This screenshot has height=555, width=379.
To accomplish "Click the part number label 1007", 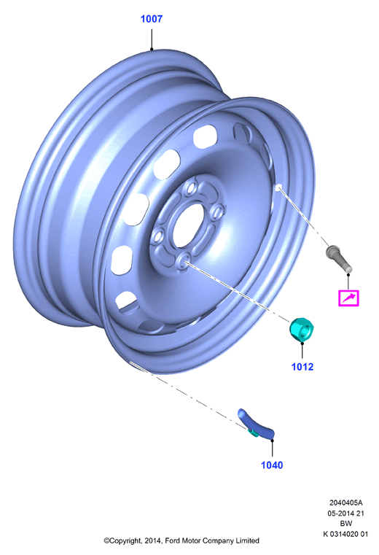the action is pyautogui.click(x=152, y=19).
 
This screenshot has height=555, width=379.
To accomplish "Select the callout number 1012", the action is pyautogui.click(x=302, y=367).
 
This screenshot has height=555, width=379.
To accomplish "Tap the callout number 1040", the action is pyautogui.click(x=272, y=465).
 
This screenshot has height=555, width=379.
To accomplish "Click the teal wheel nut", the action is pyautogui.click(x=302, y=329).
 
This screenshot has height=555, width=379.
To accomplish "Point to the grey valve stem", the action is pyautogui.click(x=339, y=260).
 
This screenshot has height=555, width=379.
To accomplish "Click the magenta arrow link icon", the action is pyautogui.click(x=348, y=298).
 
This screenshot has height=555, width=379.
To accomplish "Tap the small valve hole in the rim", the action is pyautogui.click(x=278, y=187).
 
